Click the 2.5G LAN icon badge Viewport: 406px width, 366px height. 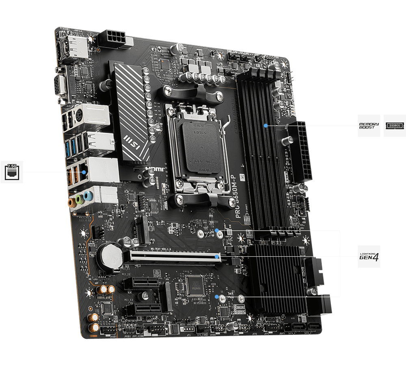coord(12,172)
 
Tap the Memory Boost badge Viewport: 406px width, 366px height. coord(369,125)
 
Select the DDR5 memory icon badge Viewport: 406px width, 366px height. coord(395,125)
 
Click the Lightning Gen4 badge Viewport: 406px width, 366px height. coord(369,257)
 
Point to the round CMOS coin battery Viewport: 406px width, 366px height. coord(110,256)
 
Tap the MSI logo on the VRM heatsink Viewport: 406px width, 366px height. coord(134,141)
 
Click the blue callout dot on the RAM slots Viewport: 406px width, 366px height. coord(266,126)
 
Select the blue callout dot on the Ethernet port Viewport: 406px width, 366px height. coord(84,172)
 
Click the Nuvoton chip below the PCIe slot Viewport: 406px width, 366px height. coord(194,283)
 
